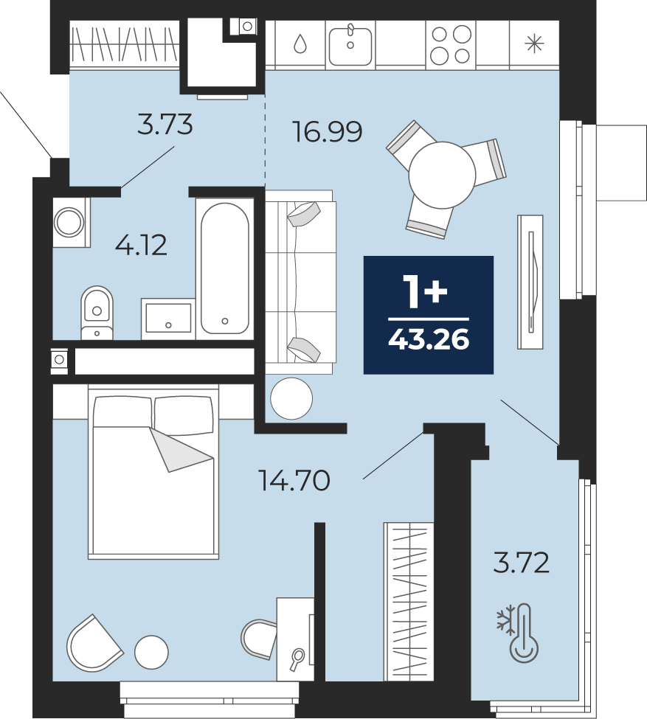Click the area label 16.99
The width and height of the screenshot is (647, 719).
327,131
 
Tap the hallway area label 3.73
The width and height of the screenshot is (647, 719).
165,125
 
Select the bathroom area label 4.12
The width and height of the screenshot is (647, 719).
141,245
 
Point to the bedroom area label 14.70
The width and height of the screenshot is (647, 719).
294,481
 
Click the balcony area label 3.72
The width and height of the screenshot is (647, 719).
522,563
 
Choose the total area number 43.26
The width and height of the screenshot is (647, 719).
429,340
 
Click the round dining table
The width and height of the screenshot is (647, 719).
442,175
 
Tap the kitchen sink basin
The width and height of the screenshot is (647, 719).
350,45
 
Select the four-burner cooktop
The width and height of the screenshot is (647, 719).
451,45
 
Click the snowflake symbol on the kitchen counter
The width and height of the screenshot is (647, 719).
535,44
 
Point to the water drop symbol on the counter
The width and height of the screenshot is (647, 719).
300,44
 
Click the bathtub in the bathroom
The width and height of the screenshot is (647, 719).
225,268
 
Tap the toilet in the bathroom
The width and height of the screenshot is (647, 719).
97,313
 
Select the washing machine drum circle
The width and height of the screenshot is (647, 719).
69,222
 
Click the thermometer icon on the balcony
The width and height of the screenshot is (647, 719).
524,632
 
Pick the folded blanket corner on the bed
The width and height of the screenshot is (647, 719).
181,449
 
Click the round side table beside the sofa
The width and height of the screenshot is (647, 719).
291,398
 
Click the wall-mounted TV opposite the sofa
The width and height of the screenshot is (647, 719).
530,282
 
